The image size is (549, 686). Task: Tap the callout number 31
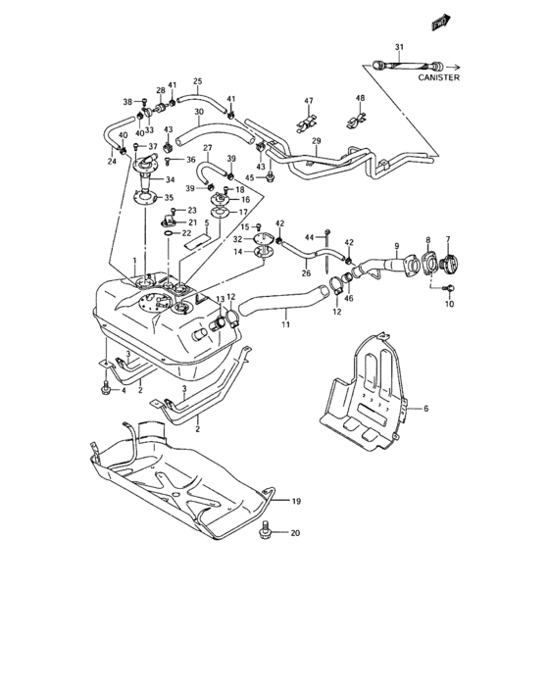(x=399, y=47)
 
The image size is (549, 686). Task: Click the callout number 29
(x=316, y=142)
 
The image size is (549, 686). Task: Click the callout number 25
(x=197, y=80)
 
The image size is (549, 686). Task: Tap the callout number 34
(x=171, y=179)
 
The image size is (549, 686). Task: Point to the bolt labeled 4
(x=105, y=389)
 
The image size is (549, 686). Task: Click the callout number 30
(x=198, y=112)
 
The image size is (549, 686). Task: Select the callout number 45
(x=250, y=177)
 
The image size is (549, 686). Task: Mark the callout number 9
(x=397, y=245)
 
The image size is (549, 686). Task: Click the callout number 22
(x=187, y=233)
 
